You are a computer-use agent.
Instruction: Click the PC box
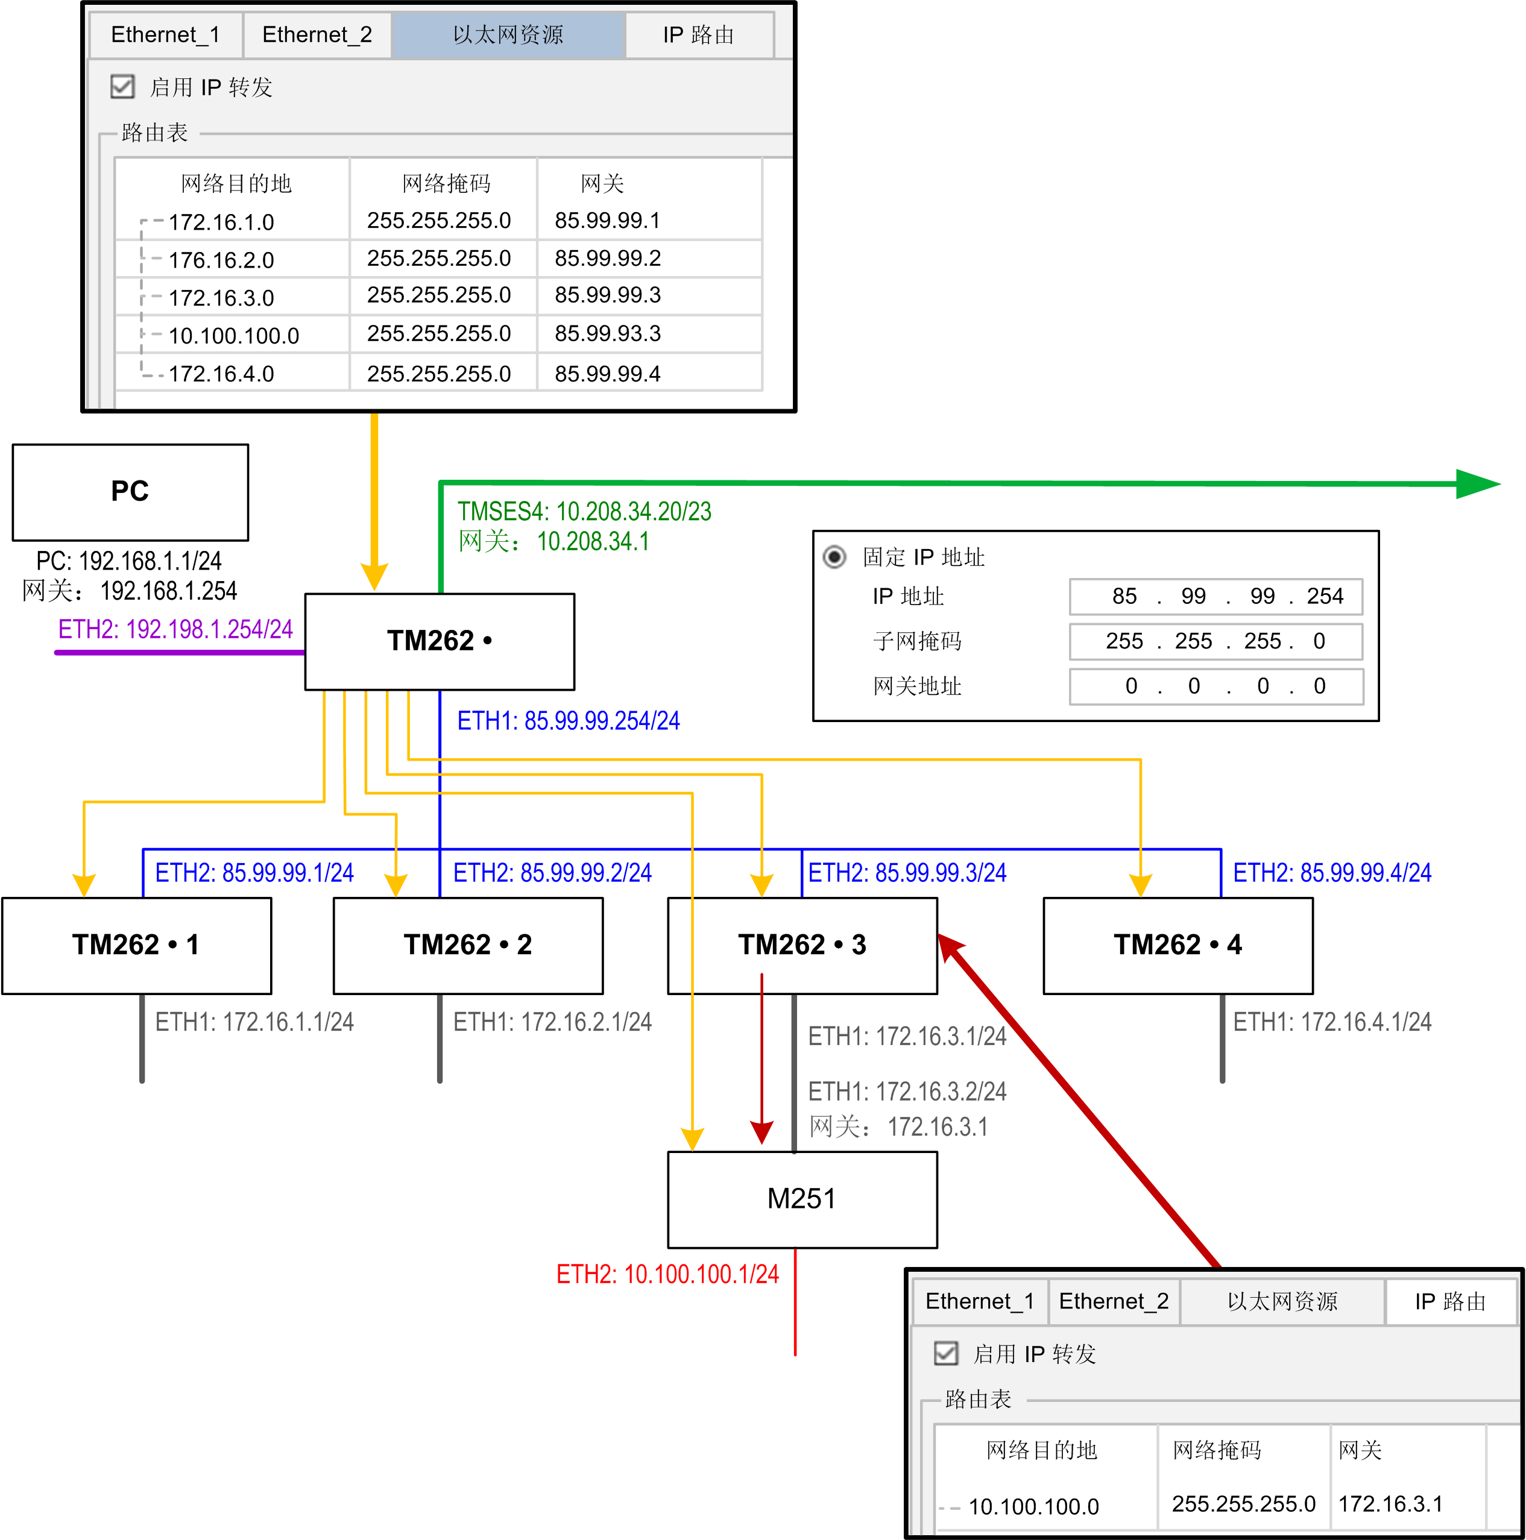[x=130, y=492]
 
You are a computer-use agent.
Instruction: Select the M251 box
[x=802, y=1199]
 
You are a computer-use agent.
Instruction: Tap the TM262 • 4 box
[x=1178, y=945]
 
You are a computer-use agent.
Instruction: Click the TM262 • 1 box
[x=136, y=945]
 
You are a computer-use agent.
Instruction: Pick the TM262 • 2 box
[x=468, y=945]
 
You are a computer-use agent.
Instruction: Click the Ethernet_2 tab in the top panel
[x=317, y=35]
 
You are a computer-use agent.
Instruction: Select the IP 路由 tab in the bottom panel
[x=1450, y=1302]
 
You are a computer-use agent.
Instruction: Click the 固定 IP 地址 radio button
[x=834, y=556]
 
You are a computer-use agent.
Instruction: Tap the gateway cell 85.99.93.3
[x=608, y=333]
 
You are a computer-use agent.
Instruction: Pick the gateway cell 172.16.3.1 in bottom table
[x=1390, y=1503]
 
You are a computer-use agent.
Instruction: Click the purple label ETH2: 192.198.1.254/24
[x=175, y=630]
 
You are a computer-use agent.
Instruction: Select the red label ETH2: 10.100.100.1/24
[x=667, y=1274]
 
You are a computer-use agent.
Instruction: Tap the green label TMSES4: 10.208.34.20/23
[x=584, y=512]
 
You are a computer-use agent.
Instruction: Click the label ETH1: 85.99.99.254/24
[x=569, y=721]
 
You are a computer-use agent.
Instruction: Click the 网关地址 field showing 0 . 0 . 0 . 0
[x=1216, y=687]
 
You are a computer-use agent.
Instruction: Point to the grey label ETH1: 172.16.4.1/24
[x=1332, y=1022]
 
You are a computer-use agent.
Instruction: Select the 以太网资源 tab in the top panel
[x=508, y=35]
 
